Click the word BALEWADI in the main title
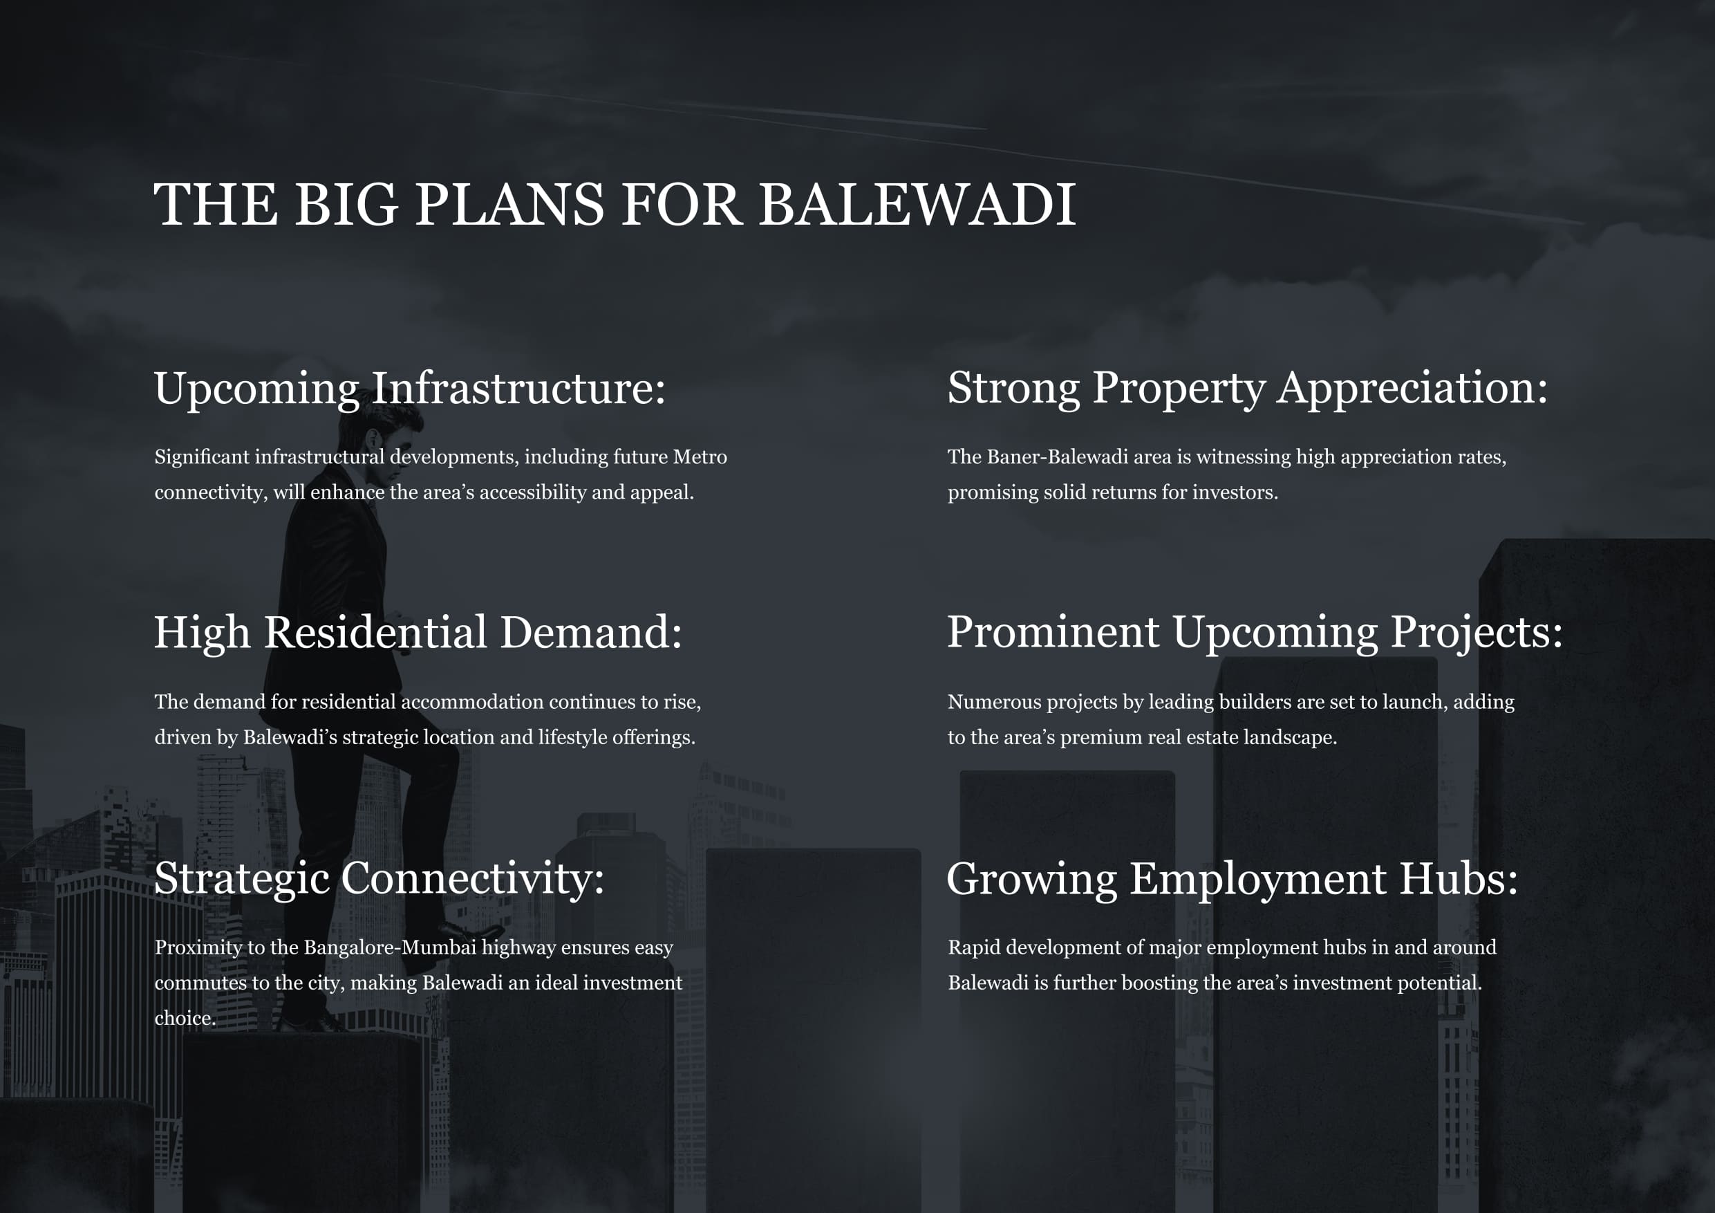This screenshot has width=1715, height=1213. (917, 204)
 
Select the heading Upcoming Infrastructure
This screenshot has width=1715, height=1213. (409, 389)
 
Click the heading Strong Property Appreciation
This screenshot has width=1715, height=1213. (1248, 389)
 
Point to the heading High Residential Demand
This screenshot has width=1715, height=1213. (418, 633)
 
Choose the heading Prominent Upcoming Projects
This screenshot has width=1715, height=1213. (1255, 633)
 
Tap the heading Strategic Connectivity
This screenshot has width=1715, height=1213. (379, 879)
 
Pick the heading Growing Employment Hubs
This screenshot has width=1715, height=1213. (1233, 879)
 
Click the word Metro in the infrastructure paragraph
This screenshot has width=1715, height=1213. (700, 456)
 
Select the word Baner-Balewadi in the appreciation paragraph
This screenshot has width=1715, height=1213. (1079, 456)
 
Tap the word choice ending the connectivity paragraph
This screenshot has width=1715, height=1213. (185, 1019)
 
